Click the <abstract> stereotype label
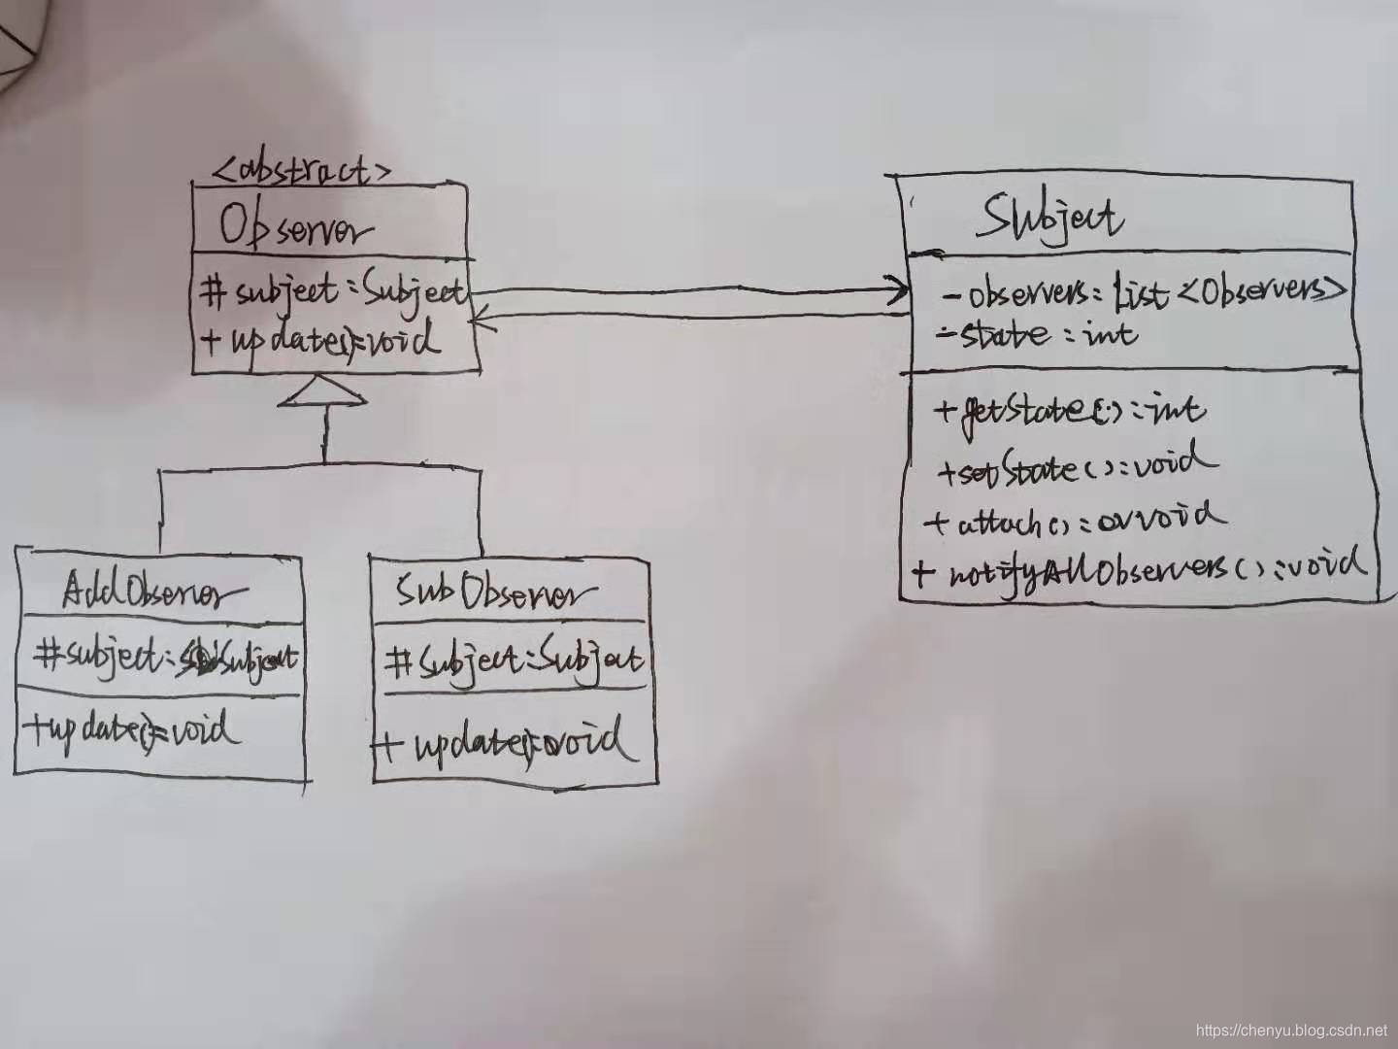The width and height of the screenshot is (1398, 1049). click(301, 171)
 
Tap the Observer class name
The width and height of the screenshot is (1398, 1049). click(295, 228)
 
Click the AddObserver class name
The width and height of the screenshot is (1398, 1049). click(155, 592)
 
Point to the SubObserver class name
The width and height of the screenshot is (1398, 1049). click(495, 592)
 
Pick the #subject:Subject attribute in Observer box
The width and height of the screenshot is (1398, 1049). click(333, 291)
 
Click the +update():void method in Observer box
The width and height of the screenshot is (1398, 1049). click(320, 341)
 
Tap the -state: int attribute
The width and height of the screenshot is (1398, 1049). click(1035, 335)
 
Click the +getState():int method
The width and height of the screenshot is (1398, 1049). click(1068, 410)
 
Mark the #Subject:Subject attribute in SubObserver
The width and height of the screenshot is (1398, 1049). click(513, 661)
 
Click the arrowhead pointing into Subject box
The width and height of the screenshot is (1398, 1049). click(897, 289)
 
